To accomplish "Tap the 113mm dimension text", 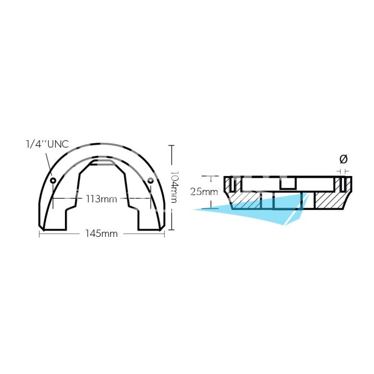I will point(101,198).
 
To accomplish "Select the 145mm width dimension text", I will point(101,234).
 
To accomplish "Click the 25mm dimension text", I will point(204,192).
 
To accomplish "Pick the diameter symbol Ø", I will point(343,159).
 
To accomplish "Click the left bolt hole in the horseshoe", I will point(53,180).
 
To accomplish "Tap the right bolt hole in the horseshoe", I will point(150,180).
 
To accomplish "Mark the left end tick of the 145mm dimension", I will point(39,234).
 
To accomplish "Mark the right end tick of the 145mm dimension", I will point(164,234).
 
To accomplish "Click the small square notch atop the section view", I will point(287,183).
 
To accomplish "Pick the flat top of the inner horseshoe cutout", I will point(102,162).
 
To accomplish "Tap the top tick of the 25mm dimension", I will point(207,176).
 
